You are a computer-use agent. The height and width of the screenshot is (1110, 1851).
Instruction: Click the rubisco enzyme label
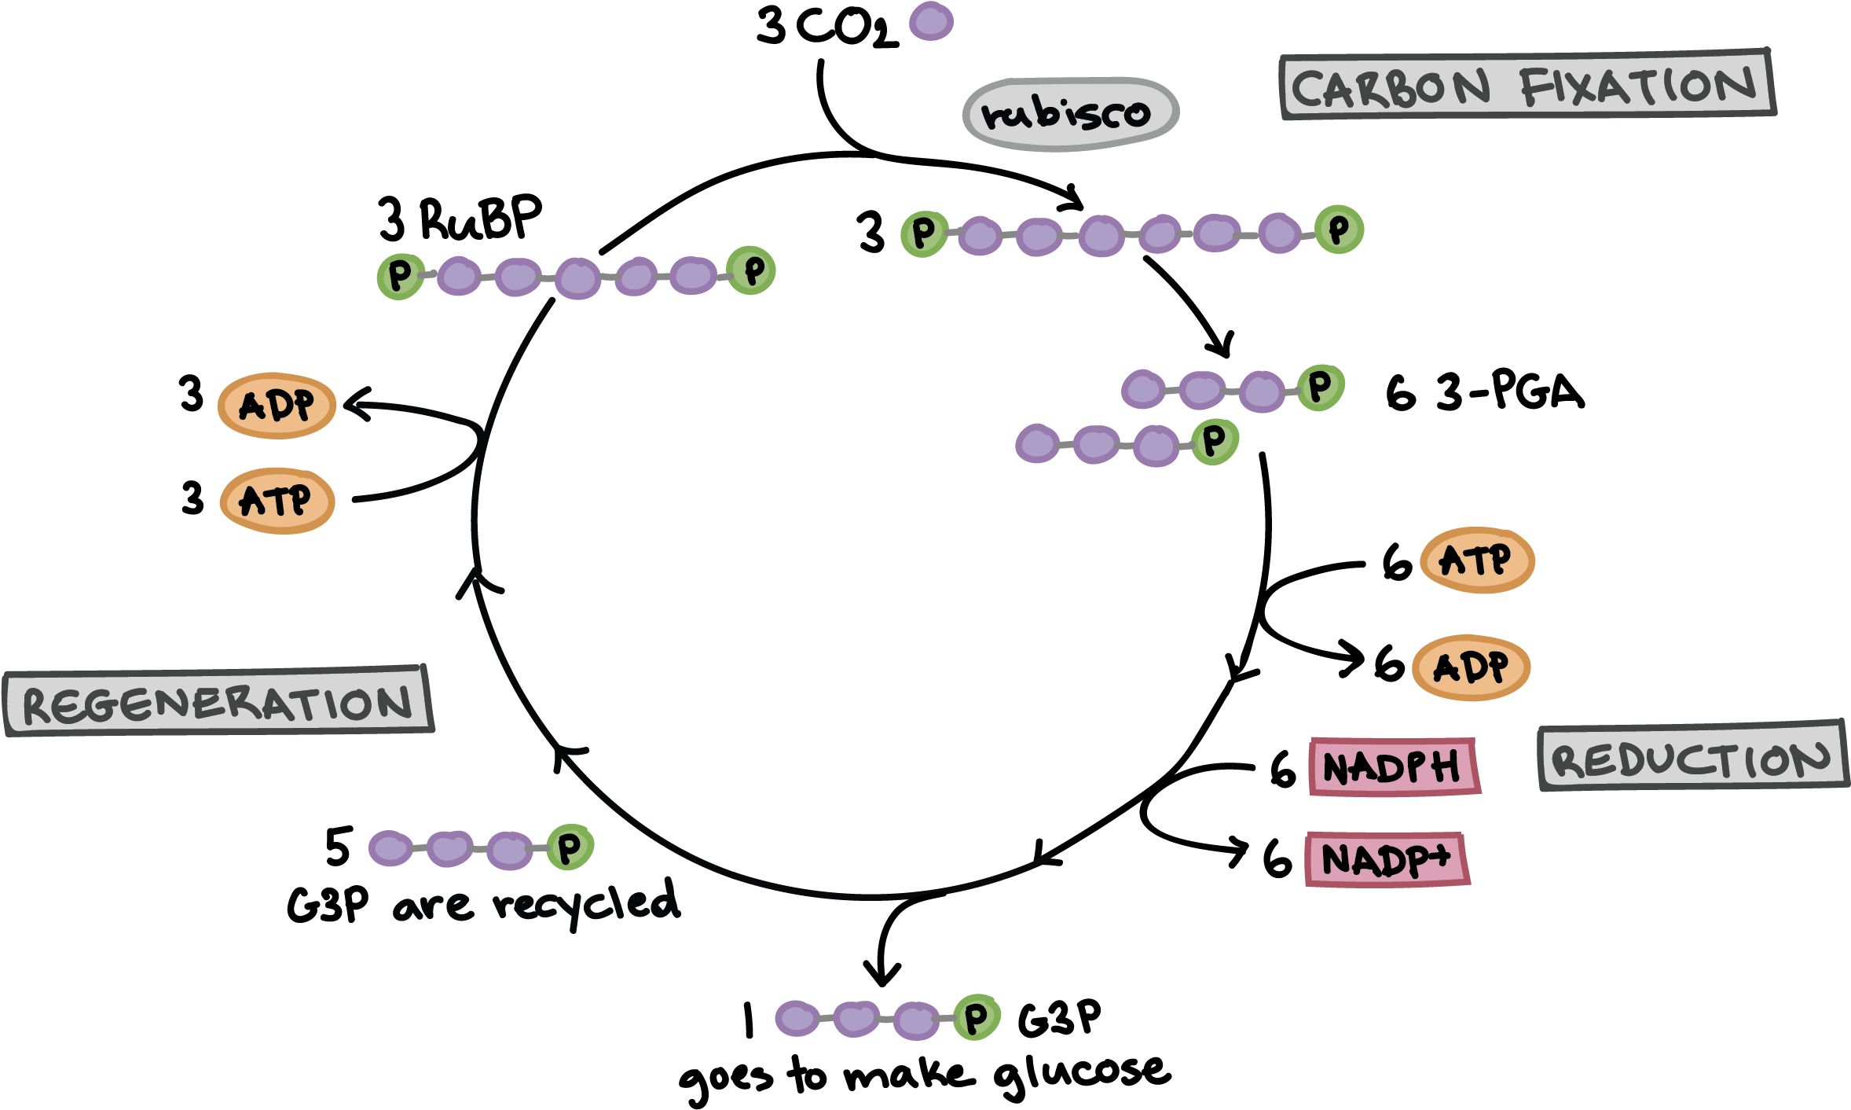(1070, 115)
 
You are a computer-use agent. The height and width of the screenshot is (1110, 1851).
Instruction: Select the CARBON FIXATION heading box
(1527, 85)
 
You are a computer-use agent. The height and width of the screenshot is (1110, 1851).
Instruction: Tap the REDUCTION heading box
(1692, 757)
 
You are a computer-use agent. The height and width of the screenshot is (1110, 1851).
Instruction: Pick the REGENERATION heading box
(218, 701)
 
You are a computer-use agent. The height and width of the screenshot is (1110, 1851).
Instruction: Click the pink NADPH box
(1394, 766)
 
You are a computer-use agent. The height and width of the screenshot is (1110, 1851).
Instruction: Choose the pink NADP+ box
(1387, 858)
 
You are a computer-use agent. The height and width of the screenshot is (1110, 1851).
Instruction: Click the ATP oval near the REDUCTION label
(1476, 560)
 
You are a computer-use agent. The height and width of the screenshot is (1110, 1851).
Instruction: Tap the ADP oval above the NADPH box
(1471, 667)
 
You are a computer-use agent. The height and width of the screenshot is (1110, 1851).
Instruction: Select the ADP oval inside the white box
(277, 405)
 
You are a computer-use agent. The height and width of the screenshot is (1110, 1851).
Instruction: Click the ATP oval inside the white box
(277, 501)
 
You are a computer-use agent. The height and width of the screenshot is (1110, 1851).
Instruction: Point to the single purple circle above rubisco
(931, 21)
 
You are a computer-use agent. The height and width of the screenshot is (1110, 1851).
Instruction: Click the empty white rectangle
(228, 243)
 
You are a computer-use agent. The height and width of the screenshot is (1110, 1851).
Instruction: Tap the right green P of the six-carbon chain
(1339, 230)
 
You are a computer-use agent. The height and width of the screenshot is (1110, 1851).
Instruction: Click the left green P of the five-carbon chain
(400, 276)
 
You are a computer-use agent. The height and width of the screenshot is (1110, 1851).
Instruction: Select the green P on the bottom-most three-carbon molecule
(977, 1018)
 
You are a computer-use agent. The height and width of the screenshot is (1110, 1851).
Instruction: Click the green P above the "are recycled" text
(570, 847)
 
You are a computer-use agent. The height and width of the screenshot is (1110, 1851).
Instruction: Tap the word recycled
(585, 902)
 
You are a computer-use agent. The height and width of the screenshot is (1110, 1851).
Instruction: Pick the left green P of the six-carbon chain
(924, 233)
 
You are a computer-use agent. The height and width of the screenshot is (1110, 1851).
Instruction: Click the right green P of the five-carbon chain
(752, 270)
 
